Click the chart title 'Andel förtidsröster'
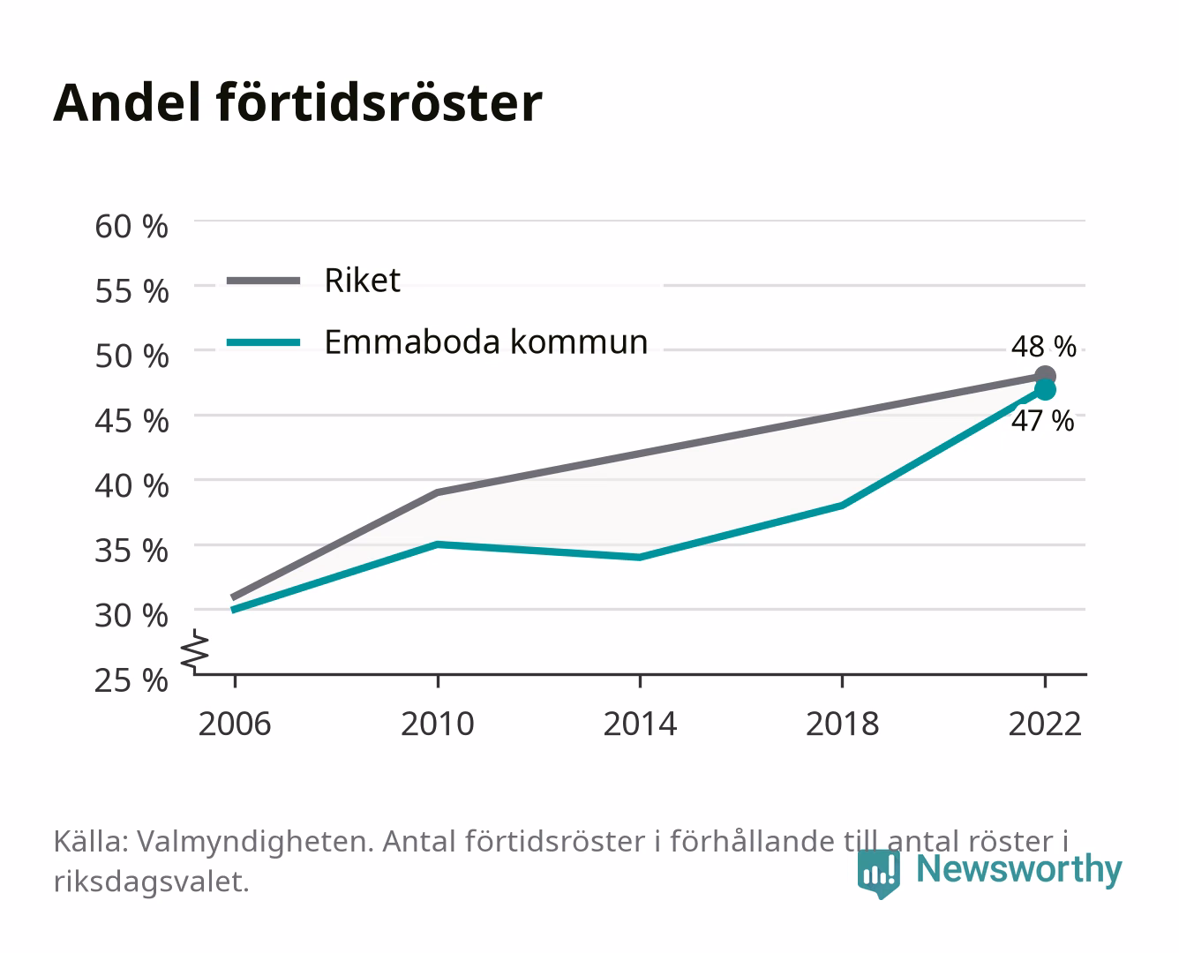[297, 103]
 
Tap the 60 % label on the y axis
[131, 227]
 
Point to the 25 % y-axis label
[131, 680]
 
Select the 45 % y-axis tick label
[131, 421]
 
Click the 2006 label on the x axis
[235, 724]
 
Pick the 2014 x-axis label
[640, 724]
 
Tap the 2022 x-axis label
[1045, 724]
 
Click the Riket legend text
[363, 280]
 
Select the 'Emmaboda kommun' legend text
[486, 342]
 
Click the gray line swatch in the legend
[264, 281]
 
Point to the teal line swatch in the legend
[264, 342]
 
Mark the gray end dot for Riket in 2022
[1045, 376]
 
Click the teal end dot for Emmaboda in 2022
[1045, 390]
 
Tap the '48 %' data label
[1044, 347]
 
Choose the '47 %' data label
[1043, 421]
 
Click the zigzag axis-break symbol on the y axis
[195, 652]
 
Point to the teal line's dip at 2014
[640, 558]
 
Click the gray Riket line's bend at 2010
[438, 492]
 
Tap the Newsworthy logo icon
[879, 874]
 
